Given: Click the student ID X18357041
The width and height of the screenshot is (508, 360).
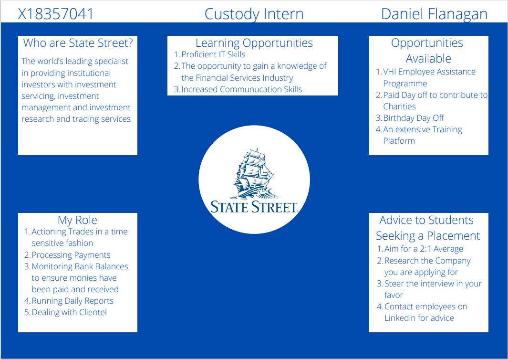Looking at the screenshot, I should [x=56, y=14].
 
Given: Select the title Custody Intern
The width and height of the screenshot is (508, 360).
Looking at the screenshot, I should [x=254, y=14].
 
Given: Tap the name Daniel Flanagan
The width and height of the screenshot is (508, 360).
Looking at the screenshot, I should [x=434, y=14].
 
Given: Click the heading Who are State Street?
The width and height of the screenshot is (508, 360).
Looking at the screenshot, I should [x=78, y=43].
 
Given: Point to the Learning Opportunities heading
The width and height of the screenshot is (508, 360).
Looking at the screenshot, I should [x=254, y=43].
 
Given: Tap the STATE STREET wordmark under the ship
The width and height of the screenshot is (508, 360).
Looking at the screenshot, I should [x=254, y=207].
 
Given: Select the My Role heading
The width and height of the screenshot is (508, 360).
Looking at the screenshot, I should [x=77, y=220].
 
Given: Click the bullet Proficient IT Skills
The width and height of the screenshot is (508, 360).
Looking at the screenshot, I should [x=213, y=54].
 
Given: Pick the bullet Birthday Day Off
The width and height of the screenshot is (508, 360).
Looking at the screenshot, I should [x=414, y=118].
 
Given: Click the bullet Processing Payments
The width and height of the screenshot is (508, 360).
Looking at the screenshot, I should [x=71, y=255].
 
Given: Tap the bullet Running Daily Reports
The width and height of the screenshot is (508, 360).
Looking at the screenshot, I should [x=73, y=301].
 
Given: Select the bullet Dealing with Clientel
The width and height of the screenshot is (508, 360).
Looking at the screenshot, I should [x=69, y=312].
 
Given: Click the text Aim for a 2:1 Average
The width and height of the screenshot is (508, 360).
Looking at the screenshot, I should [x=424, y=249].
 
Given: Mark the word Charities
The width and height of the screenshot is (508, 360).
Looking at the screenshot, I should [x=399, y=106].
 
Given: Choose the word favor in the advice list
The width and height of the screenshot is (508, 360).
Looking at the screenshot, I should [x=394, y=295].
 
